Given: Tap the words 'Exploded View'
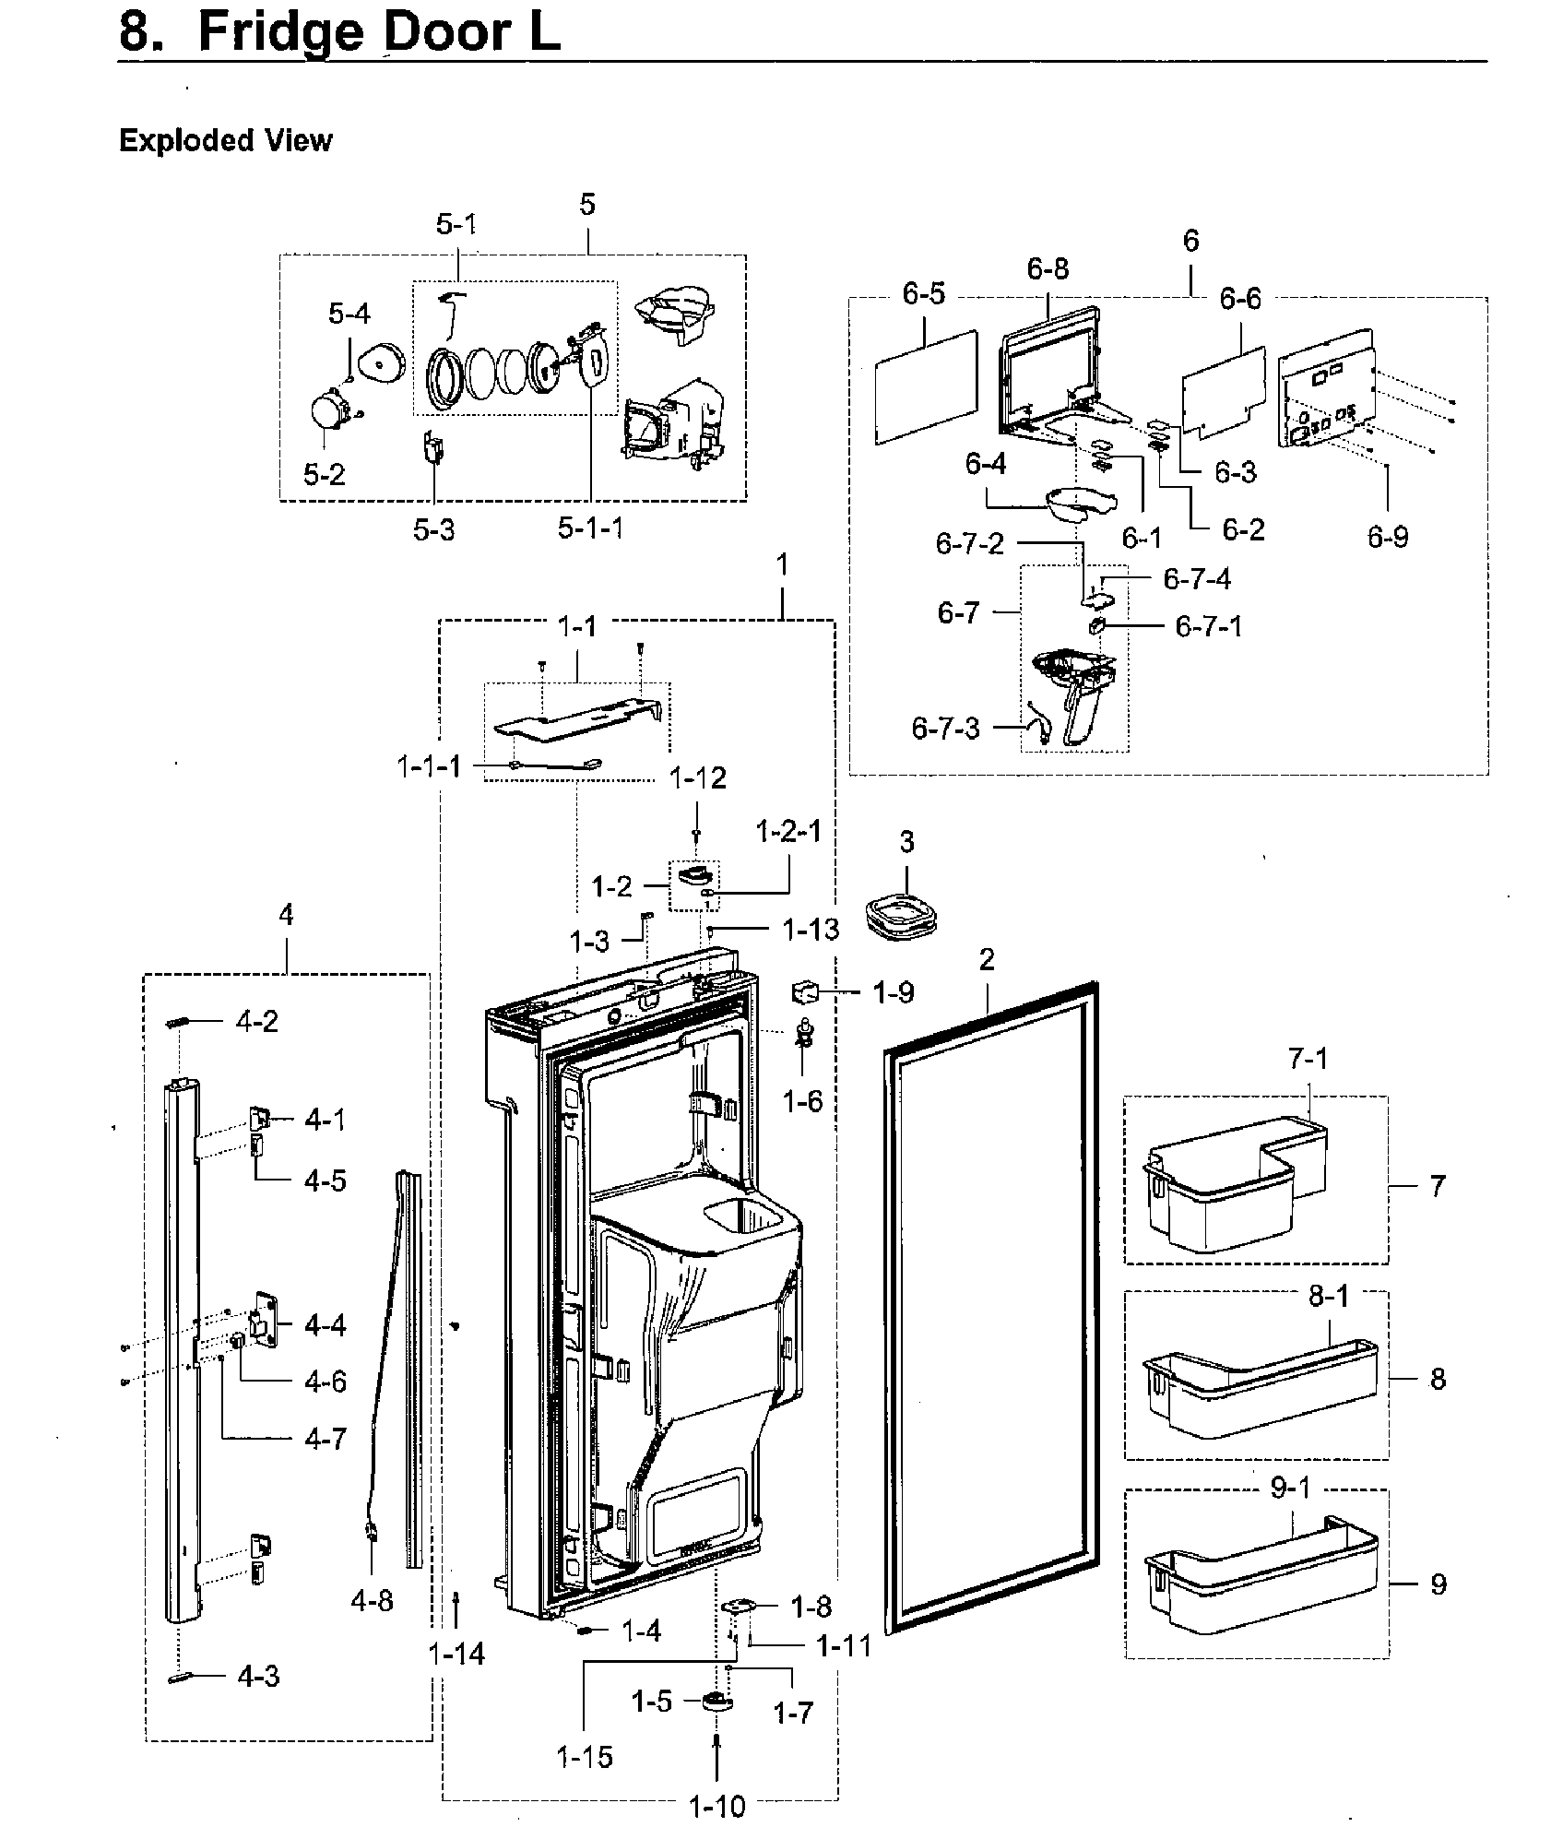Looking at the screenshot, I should pyautogui.click(x=225, y=141).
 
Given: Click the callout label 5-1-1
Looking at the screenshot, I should pyautogui.click(x=590, y=528).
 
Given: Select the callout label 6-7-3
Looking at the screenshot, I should pyautogui.click(x=945, y=728).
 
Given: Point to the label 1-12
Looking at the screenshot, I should pyautogui.click(x=697, y=777).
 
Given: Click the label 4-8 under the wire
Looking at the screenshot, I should pyautogui.click(x=372, y=1600).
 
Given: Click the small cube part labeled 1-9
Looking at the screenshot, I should pyautogui.click(x=805, y=993).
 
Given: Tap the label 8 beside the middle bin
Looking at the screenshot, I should pyautogui.click(x=1437, y=1380).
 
